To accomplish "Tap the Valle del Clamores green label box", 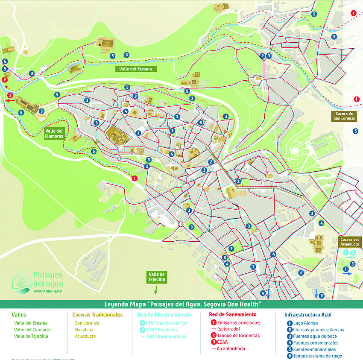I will tap(54, 133).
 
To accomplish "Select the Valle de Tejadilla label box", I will tap(157, 277).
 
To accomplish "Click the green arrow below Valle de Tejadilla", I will tap(155, 290).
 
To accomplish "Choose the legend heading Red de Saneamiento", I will tap(233, 315).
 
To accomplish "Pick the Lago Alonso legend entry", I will tap(305, 323).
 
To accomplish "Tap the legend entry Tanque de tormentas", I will tap(238, 336).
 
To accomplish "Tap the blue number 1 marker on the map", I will tap(345, 269).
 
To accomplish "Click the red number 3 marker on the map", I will tap(10, 95).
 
